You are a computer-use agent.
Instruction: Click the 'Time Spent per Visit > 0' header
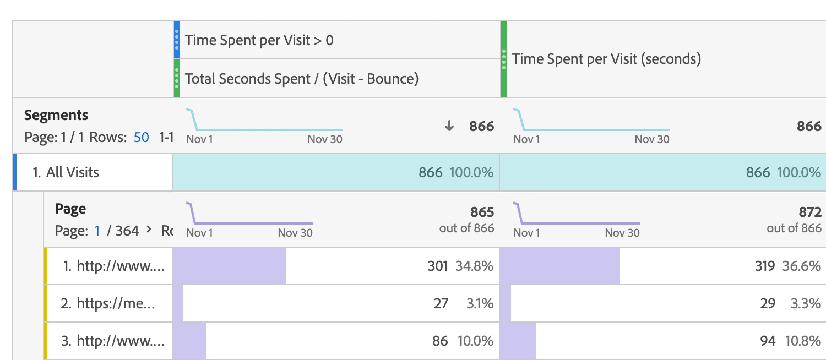[x=259, y=40]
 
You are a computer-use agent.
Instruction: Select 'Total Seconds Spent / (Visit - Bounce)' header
[x=301, y=79]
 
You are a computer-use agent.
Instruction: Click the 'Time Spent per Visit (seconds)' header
[x=606, y=59]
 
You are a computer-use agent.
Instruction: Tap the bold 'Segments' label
[x=56, y=115]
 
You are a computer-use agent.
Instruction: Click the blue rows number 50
[x=142, y=137]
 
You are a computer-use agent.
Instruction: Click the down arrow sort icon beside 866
[x=449, y=126]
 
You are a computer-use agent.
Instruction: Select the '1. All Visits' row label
[x=66, y=172]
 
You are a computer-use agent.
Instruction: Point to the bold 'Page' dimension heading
[x=70, y=209]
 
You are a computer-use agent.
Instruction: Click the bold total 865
[x=482, y=212]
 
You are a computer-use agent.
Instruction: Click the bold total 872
[x=809, y=212]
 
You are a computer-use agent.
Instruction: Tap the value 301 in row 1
[x=438, y=266]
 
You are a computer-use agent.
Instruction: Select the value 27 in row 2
[x=441, y=303]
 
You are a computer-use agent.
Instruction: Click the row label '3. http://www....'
[x=113, y=341]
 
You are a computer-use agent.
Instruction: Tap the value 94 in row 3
[x=768, y=341]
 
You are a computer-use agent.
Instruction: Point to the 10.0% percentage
[x=475, y=341]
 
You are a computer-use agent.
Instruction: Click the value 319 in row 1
[x=765, y=266]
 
